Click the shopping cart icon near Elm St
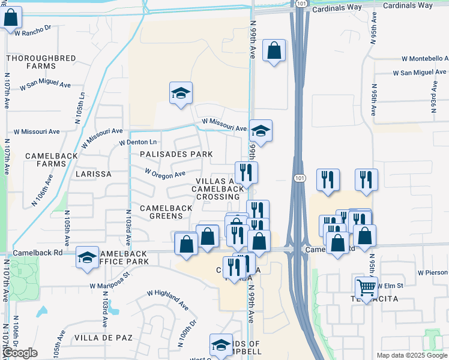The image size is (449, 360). pyautogui.click(x=366, y=287)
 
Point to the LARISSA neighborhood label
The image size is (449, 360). pyautogui.click(x=94, y=174)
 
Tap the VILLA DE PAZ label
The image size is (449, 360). pyautogui.click(x=103, y=338)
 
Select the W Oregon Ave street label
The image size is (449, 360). pyautogui.click(x=165, y=173)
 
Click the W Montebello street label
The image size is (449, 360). pyautogui.click(x=425, y=58)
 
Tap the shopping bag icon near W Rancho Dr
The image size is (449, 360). pyautogui.click(x=11, y=17)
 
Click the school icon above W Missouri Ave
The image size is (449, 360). pyautogui.click(x=181, y=93)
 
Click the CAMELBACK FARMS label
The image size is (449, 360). pyautogui.click(x=44, y=160)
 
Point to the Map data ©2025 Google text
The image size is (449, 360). pyautogui.click(x=411, y=355)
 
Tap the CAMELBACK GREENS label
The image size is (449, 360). pyautogui.click(x=166, y=212)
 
